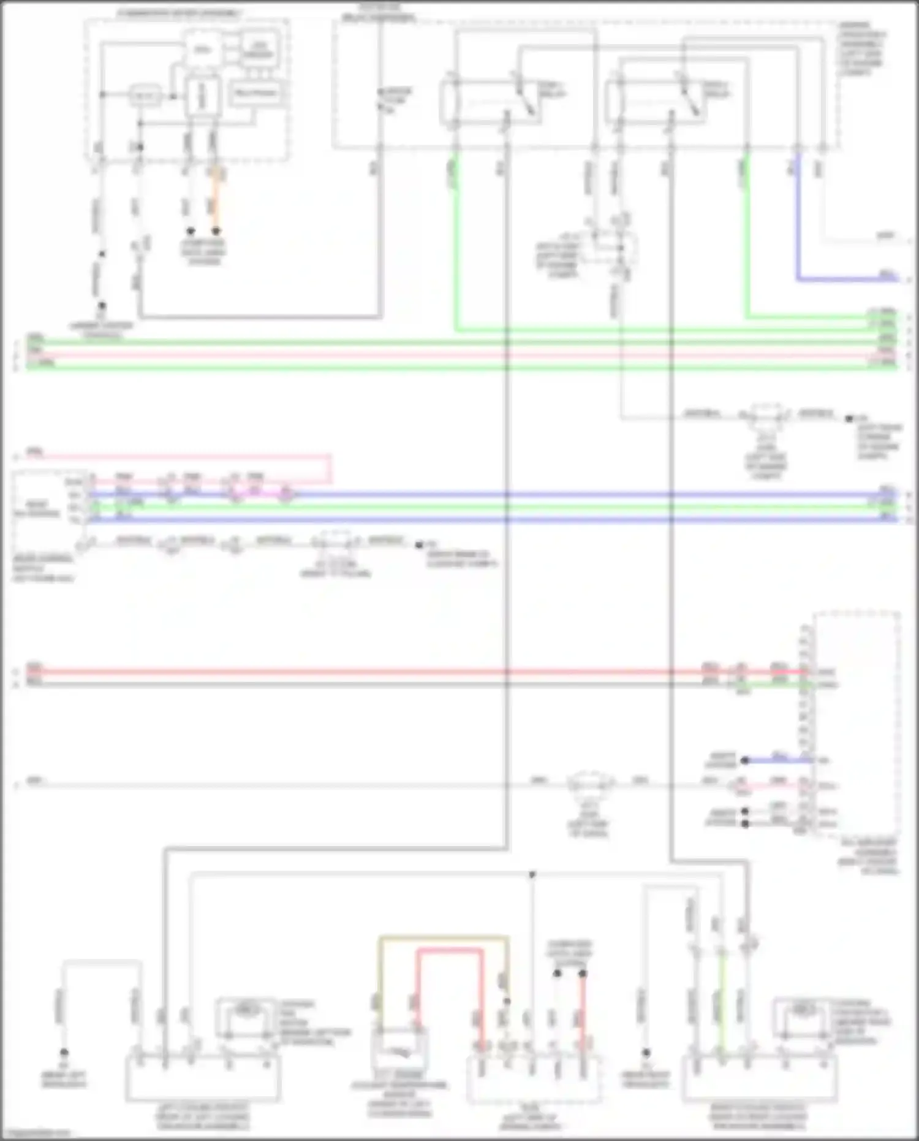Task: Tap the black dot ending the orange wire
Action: pyautogui.click(x=216, y=231)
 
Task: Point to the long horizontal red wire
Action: pyautogui.click(x=368, y=671)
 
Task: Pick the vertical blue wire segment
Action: pyautogui.click(x=798, y=221)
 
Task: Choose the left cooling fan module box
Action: pyautogui.click(x=203, y=1078)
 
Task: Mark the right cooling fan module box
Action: pyautogui.click(x=759, y=1078)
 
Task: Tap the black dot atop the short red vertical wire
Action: pyautogui.click(x=583, y=974)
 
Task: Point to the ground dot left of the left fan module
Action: pyautogui.click(x=64, y=1052)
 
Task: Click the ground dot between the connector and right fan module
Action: pyautogui.click(x=646, y=1052)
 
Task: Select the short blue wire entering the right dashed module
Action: pyautogui.click(x=778, y=760)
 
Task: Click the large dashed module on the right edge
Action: pyautogui.click(x=857, y=723)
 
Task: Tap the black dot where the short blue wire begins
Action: pyautogui.click(x=745, y=760)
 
